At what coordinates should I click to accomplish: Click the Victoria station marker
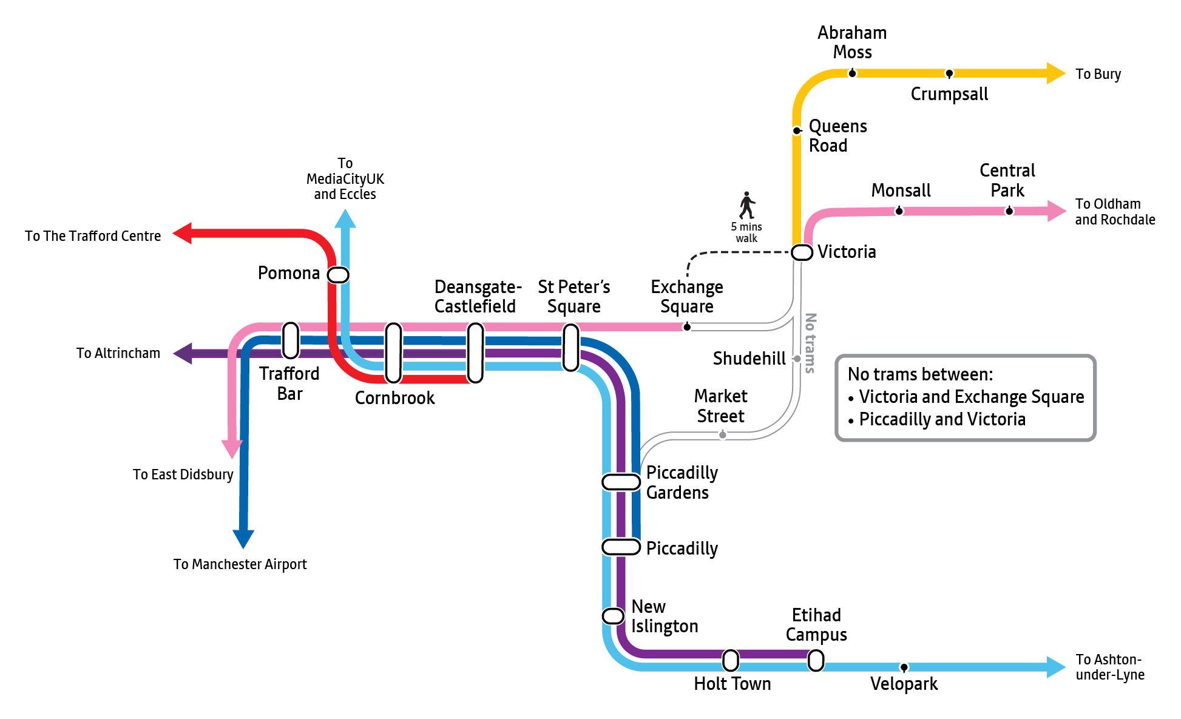click(802, 252)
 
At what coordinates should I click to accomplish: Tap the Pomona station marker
click(338, 275)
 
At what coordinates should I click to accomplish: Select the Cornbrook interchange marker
click(394, 353)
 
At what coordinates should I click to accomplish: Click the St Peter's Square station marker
click(571, 347)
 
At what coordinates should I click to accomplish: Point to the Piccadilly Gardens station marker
click(621, 482)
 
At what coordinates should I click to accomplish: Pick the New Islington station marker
click(613, 616)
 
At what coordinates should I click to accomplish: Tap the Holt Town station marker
click(731, 660)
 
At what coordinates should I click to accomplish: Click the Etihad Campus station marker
click(816, 660)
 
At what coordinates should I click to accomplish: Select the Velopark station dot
click(904, 667)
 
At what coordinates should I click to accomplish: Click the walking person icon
click(747, 205)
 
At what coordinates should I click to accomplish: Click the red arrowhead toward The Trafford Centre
click(182, 233)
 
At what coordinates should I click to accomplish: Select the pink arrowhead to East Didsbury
click(232, 449)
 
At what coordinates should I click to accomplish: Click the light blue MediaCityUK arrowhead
click(345, 218)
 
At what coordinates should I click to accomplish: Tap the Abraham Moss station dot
click(852, 73)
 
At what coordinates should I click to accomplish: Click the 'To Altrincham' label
click(118, 353)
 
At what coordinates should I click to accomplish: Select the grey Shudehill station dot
click(797, 359)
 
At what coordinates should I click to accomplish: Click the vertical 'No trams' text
click(810, 343)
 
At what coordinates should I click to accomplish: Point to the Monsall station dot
click(899, 211)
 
